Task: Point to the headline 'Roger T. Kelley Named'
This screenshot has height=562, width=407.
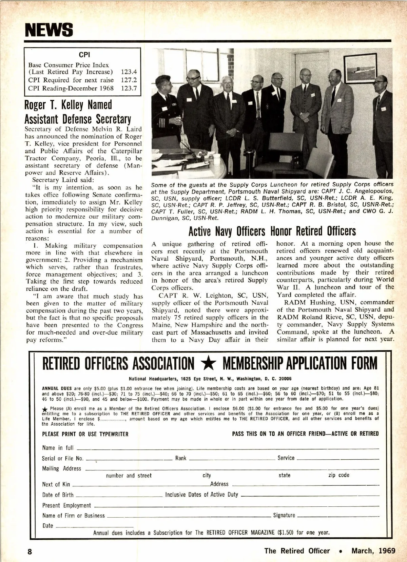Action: pyautogui.click(x=68, y=105)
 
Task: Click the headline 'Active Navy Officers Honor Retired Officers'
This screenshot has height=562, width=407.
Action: pyautogui.click(x=272, y=231)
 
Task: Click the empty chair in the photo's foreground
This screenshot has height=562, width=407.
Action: pyautogui.click(x=278, y=153)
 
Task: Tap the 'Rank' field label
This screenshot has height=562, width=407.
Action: pyautogui.click(x=181, y=458)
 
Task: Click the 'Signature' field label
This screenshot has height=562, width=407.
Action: pyautogui.click(x=284, y=515)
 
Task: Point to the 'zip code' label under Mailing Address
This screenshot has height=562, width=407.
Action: pyautogui.click(x=338, y=475)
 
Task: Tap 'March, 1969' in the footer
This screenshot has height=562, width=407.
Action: pyautogui.click(x=373, y=551)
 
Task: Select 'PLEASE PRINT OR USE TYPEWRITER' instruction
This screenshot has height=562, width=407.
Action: pyautogui.click(x=85, y=434)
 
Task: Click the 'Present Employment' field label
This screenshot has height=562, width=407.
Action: pyautogui.click(x=66, y=505)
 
